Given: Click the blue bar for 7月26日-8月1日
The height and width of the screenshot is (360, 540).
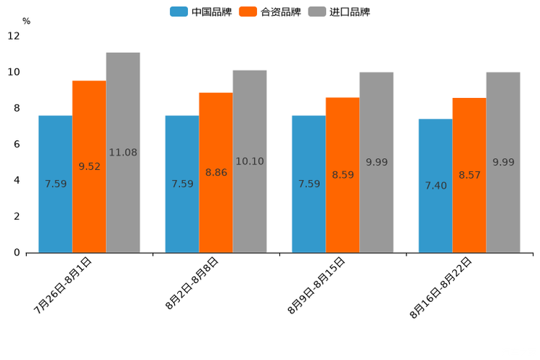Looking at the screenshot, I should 55,184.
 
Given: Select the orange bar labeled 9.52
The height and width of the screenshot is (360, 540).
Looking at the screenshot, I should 89,166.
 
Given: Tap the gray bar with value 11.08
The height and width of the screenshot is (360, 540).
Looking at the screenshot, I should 123,152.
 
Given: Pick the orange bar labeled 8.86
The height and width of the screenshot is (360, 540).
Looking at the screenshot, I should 216,172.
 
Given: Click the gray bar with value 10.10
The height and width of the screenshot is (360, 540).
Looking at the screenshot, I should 250,161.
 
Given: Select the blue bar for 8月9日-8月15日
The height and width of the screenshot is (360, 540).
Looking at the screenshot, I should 308,184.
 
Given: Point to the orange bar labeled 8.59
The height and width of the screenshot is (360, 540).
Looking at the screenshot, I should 343,175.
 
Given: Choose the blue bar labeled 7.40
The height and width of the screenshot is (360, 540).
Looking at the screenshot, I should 435,185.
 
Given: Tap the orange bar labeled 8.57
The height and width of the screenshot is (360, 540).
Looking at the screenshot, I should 470,175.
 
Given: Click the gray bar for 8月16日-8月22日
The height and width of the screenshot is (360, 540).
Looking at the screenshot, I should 503,162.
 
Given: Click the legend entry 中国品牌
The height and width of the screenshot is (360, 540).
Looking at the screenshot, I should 200,12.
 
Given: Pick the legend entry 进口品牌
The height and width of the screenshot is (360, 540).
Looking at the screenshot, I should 339,12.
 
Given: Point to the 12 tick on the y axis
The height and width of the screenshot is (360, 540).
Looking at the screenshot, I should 15,36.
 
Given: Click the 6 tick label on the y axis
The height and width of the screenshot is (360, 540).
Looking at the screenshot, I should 17,144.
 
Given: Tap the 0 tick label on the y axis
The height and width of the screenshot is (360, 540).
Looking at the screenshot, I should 17,253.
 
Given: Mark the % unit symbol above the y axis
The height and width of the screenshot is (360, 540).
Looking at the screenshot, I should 26,21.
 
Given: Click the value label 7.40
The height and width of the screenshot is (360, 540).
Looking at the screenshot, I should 435,186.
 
